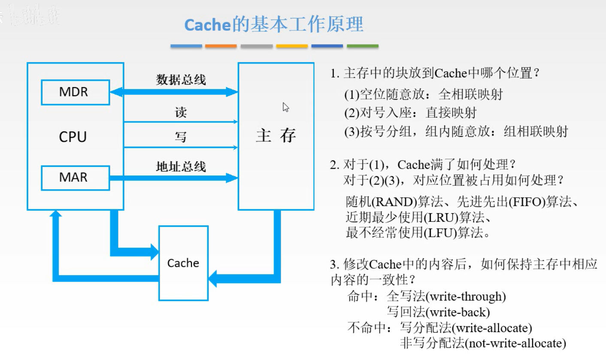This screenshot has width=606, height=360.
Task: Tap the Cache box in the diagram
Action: pyautogui.click(x=183, y=263)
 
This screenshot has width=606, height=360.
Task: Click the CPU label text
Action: pyautogui.click(x=73, y=137)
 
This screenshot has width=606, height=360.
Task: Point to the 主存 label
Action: pyautogui.click(x=276, y=136)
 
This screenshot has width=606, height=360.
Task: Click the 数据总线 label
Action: pyautogui.click(x=181, y=80)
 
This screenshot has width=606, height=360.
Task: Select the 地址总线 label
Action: pyautogui.click(x=181, y=166)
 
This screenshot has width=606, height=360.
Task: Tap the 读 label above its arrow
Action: pyautogui.click(x=181, y=113)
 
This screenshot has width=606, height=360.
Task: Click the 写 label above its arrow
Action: pyautogui.click(x=181, y=137)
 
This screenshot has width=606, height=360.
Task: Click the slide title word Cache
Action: pyautogui.click(x=208, y=25)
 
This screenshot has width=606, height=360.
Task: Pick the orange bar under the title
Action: pyautogui.click(x=221, y=46)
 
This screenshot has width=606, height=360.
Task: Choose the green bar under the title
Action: pyautogui.click(x=363, y=46)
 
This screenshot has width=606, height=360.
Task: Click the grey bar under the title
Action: pyautogui.click(x=256, y=46)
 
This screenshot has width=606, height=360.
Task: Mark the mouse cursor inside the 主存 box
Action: pyautogui.click(x=285, y=107)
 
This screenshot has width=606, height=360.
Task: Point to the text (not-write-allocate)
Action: pyautogui.click(x=515, y=343)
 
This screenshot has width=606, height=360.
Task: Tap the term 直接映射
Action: pyautogui.click(x=451, y=113)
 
